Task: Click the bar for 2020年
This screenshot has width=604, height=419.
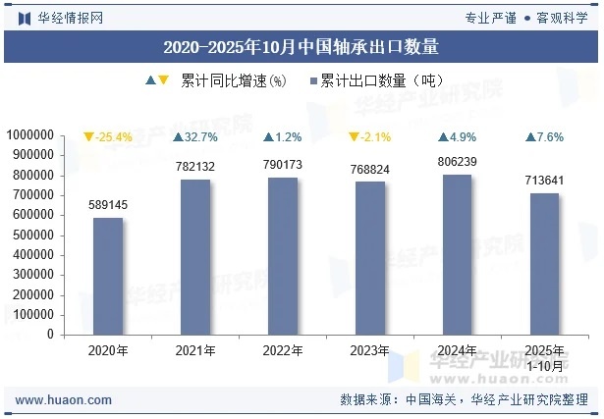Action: click(x=108, y=276)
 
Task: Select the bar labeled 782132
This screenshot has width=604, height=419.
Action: click(x=195, y=256)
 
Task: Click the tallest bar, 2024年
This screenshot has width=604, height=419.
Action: click(x=458, y=254)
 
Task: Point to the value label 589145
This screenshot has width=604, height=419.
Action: click(x=108, y=205)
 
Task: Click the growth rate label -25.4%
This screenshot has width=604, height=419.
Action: click(x=108, y=137)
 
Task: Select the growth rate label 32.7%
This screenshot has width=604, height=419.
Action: click(x=195, y=137)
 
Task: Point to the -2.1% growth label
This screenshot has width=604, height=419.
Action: click(x=370, y=137)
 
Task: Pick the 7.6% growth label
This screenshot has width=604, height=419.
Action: click(x=545, y=137)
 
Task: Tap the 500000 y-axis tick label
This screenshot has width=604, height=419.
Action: click(x=32, y=235)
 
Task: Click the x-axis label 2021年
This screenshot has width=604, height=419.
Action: click(x=195, y=350)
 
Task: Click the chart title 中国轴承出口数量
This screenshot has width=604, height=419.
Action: click(x=301, y=46)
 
